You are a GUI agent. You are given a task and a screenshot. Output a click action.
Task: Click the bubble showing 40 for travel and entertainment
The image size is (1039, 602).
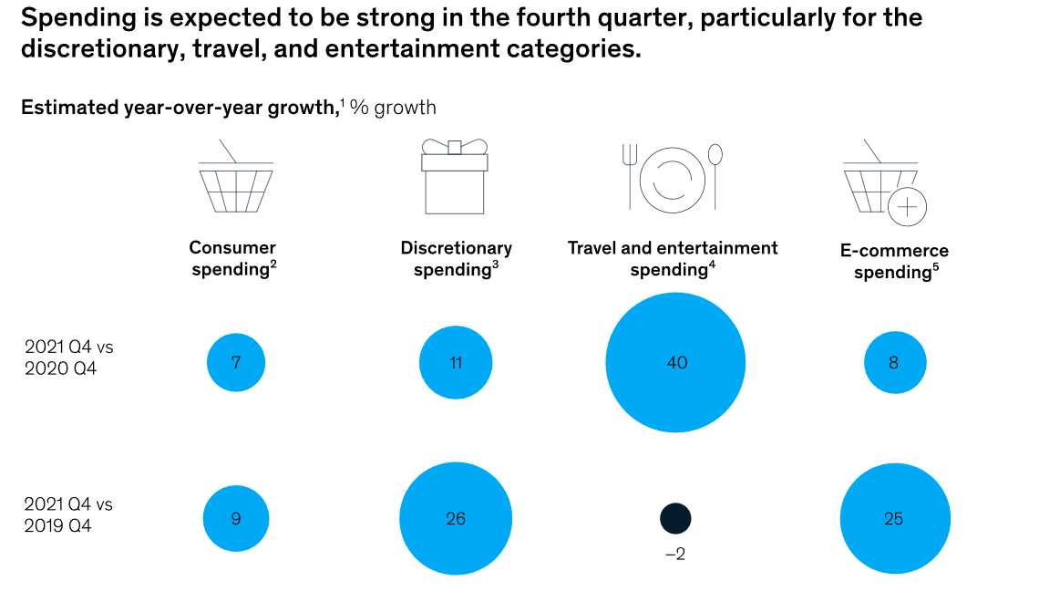pos(675,362)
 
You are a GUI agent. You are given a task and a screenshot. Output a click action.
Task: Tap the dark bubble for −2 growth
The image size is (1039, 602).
pos(675,519)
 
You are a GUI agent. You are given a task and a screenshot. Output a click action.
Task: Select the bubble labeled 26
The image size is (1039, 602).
pos(456,519)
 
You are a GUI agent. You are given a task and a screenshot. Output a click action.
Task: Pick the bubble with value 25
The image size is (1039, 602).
pos(894,519)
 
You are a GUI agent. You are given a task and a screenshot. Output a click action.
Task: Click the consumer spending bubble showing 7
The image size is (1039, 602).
pos(236,362)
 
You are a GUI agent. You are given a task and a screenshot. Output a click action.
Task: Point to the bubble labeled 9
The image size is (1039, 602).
pos(236,519)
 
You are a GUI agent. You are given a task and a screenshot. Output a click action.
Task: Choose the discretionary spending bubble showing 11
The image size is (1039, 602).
pos(456,362)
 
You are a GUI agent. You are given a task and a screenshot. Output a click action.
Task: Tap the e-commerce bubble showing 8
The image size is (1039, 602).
pos(894,362)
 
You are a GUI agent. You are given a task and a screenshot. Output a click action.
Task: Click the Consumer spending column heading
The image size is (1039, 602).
pos(232,258)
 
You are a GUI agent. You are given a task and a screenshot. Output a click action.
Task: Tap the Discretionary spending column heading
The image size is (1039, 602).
pos(456,258)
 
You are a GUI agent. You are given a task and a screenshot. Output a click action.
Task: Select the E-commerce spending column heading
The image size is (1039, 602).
pos(894,261)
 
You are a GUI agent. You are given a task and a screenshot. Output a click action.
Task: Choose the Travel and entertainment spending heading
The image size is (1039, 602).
pos(673,258)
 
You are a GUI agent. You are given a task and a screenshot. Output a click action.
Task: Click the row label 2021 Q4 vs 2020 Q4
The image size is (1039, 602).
pos(69,358)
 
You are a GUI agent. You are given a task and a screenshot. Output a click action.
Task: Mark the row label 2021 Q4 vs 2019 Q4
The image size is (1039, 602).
pos(69,514)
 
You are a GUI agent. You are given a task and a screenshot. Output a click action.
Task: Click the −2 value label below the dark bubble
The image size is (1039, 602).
pos(675,553)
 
